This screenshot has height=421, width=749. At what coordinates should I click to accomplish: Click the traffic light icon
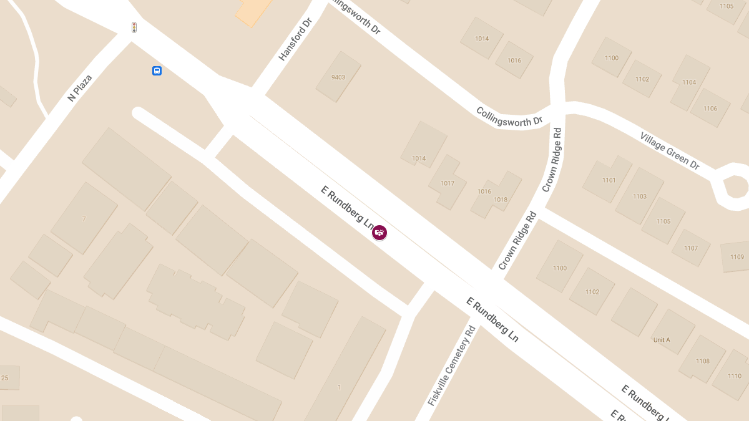point(134,27)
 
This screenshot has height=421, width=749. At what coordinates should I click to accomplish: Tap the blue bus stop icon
point(157,70)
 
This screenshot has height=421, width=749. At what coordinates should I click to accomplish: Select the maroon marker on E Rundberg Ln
point(379,233)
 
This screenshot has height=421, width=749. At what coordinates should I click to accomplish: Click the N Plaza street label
point(80,88)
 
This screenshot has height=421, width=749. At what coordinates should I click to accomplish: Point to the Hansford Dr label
point(295,39)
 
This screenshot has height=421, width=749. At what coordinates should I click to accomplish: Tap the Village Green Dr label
point(670,150)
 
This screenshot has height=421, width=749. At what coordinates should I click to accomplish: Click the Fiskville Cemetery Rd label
point(452,365)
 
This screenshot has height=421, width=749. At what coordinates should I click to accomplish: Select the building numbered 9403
point(338,77)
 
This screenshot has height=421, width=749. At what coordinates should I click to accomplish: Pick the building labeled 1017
point(448,183)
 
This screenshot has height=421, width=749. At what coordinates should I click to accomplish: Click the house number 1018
point(501,199)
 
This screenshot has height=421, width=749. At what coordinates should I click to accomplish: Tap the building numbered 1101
point(609,180)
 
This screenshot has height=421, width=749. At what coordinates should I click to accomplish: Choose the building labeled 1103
point(640,196)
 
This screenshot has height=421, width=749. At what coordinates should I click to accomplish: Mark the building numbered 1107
point(691,248)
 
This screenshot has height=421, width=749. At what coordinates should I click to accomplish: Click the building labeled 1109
point(737,256)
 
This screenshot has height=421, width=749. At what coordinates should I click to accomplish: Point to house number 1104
point(689,82)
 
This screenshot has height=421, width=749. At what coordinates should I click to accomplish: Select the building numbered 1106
point(710,109)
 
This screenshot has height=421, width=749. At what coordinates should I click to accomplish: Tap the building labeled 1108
point(703,361)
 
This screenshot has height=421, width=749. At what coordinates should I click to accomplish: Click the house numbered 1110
point(735,376)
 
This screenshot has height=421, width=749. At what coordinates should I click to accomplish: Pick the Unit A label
point(662,340)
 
